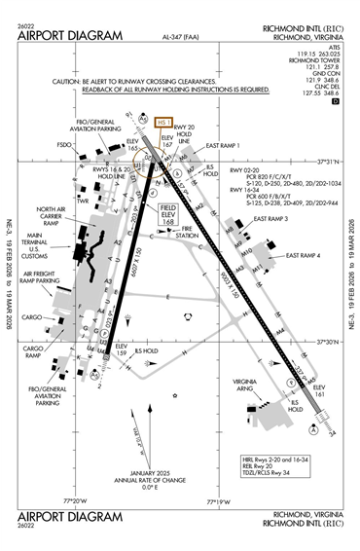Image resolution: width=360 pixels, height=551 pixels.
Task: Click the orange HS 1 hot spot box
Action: tap(164, 123)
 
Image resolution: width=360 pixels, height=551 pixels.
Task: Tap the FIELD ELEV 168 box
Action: tap(169, 214)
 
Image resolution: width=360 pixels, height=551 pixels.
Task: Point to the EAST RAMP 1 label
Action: tap(223, 145)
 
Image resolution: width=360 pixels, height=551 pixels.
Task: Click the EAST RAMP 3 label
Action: tap(271, 219)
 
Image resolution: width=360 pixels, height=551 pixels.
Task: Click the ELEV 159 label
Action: tap(122, 350)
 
